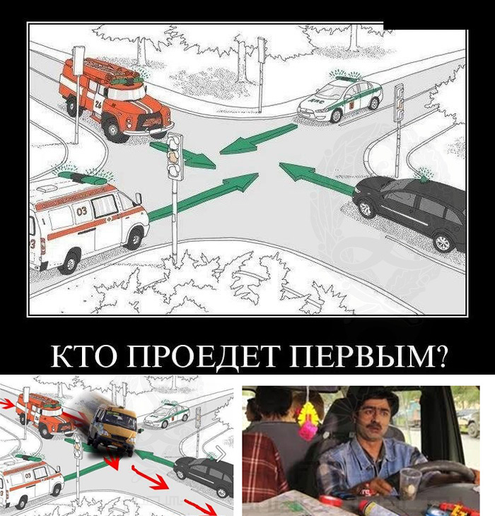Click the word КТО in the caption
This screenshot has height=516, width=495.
[x=86, y=356]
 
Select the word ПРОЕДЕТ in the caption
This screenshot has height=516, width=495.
[x=204, y=357]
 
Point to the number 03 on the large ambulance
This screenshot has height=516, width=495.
[x=81, y=211]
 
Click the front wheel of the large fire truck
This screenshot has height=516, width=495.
[x=113, y=129]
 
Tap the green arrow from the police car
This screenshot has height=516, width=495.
[x=258, y=139]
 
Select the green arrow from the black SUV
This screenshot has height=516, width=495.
[x=317, y=178]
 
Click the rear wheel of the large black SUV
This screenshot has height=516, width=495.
[x=442, y=242]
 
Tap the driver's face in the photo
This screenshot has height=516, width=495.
[x=374, y=421]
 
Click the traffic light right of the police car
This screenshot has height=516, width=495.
[x=400, y=102]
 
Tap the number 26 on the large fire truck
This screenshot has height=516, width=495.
[x=98, y=105]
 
